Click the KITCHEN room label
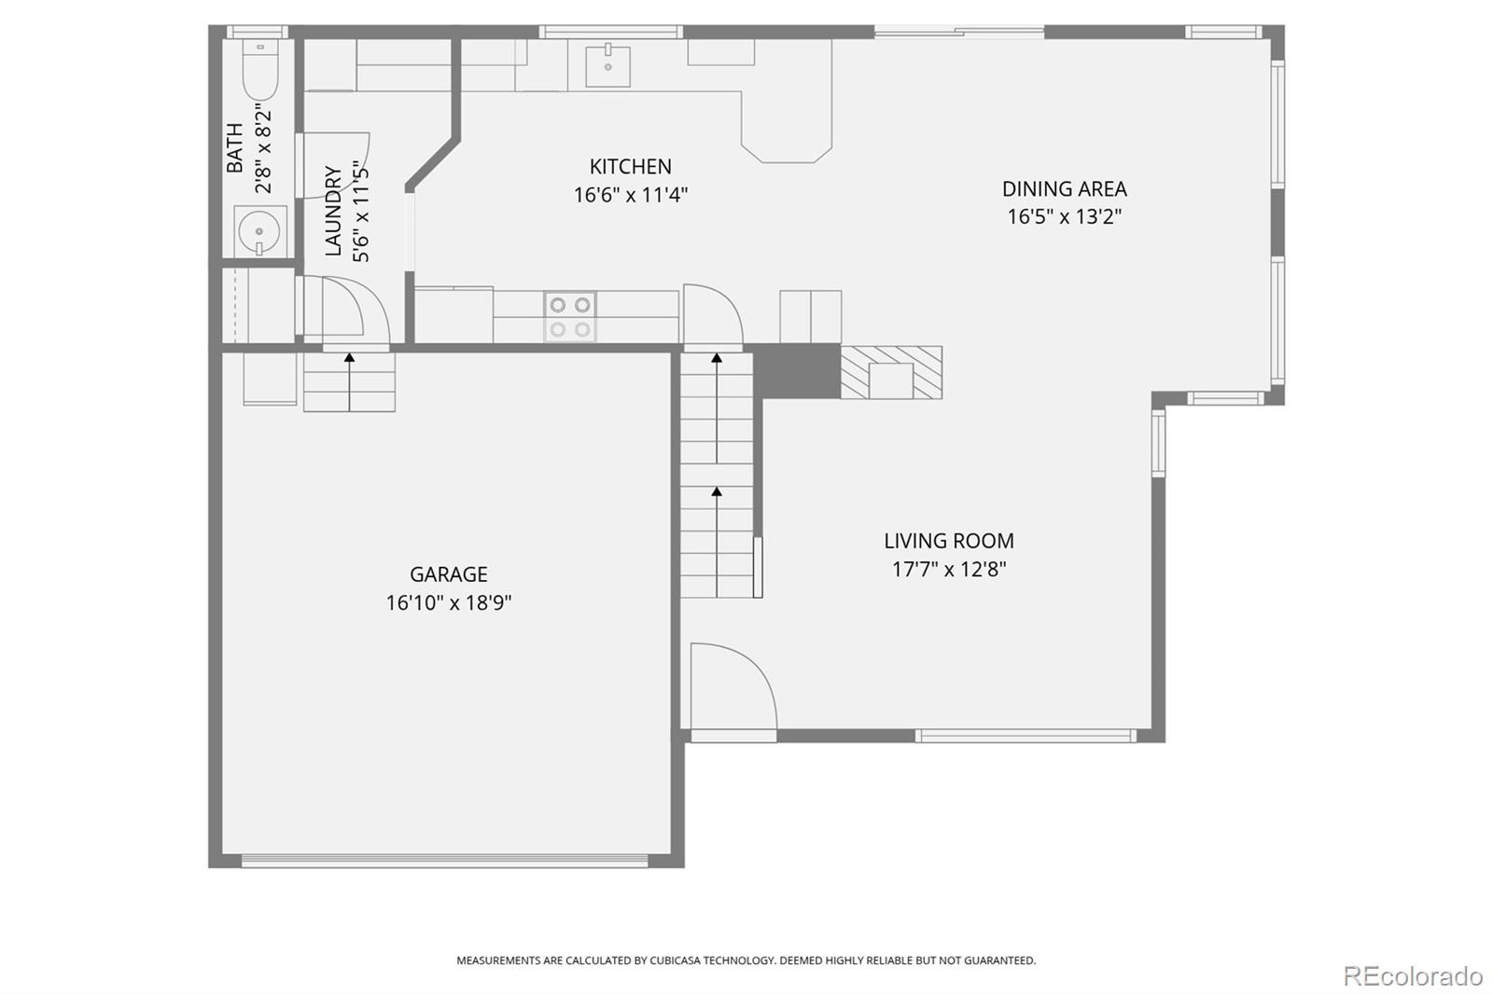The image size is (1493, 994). point(630,167)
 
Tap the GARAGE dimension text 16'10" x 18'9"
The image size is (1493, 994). point(449,603)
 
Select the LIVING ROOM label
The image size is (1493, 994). point(948,541)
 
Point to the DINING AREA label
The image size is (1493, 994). point(1064,189)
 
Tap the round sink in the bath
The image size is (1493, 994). point(258,229)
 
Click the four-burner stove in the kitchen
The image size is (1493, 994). point(569,317)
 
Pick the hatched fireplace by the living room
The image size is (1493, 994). point(891,372)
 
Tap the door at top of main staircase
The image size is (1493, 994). point(712,315)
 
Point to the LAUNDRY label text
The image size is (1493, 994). point(333,211)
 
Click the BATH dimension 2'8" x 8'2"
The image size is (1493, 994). point(264,149)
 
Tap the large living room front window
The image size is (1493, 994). point(1025,736)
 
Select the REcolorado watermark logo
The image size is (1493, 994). point(1412,975)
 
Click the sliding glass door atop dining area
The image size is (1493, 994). point(958,33)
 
